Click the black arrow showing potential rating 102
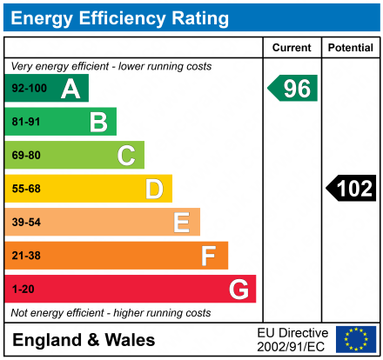pyautogui.click(x=352, y=188)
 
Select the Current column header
pyautogui.click(x=292, y=48)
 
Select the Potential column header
pyautogui.click(x=351, y=48)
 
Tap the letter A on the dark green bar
pyautogui.click(x=71, y=89)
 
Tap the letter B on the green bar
pyautogui.click(x=98, y=122)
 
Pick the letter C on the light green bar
pyautogui.click(x=126, y=156)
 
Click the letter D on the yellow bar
pyautogui.click(x=154, y=189)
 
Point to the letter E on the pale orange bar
pyautogui.click(x=181, y=223)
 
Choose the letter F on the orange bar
pyautogui.click(x=209, y=256)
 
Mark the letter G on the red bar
pyautogui.click(x=238, y=289)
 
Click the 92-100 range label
pyautogui.click(x=28, y=89)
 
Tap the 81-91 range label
pyautogui.click(x=26, y=122)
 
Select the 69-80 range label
pyautogui.click(x=26, y=156)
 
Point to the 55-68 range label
pyautogui.click(x=26, y=189)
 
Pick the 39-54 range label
pyautogui.click(x=26, y=223)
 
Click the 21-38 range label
pyautogui.click(x=26, y=256)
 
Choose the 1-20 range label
pyautogui.click(x=24, y=289)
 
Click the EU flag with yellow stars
pyautogui.click(x=356, y=339)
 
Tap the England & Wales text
pyautogui.click(x=84, y=339)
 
